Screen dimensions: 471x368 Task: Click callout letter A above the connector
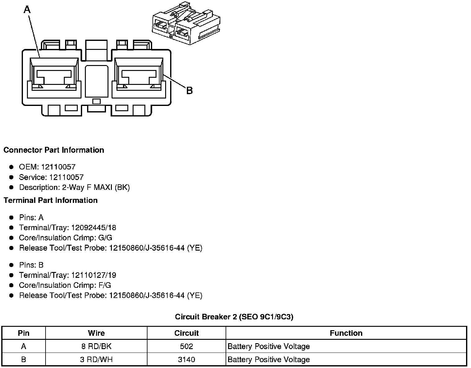pyautogui.click(x=27, y=10)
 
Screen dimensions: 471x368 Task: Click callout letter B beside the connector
pyautogui.click(x=189, y=90)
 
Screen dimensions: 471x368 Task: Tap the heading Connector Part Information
pyautogui.click(x=54, y=150)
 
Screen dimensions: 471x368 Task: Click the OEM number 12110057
pyautogui.click(x=58, y=167)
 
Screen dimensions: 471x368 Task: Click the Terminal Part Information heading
pyautogui.click(x=51, y=200)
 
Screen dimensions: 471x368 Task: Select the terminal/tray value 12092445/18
pyautogui.click(x=94, y=228)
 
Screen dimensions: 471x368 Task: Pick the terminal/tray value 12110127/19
pyautogui.click(x=94, y=275)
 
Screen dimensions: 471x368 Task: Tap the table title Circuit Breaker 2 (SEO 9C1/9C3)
pyautogui.click(x=234, y=317)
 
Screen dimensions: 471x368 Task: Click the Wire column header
pyautogui.click(x=96, y=333)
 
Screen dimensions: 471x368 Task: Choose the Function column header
pyautogui.click(x=346, y=333)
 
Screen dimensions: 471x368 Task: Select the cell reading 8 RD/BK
pyautogui.click(x=96, y=346)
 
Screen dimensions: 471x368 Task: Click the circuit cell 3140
pyautogui.click(x=186, y=360)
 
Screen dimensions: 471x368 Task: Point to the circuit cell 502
pyautogui.click(x=186, y=346)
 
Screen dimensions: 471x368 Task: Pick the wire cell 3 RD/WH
pyautogui.click(x=96, y=360)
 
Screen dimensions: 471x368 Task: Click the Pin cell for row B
pyautogui.click(x=24, y=360)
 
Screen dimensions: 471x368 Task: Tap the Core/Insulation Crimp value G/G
pyautogui.click(x=104, y=238)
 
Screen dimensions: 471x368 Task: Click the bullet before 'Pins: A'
pyautogui.click(x=11, y=218)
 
